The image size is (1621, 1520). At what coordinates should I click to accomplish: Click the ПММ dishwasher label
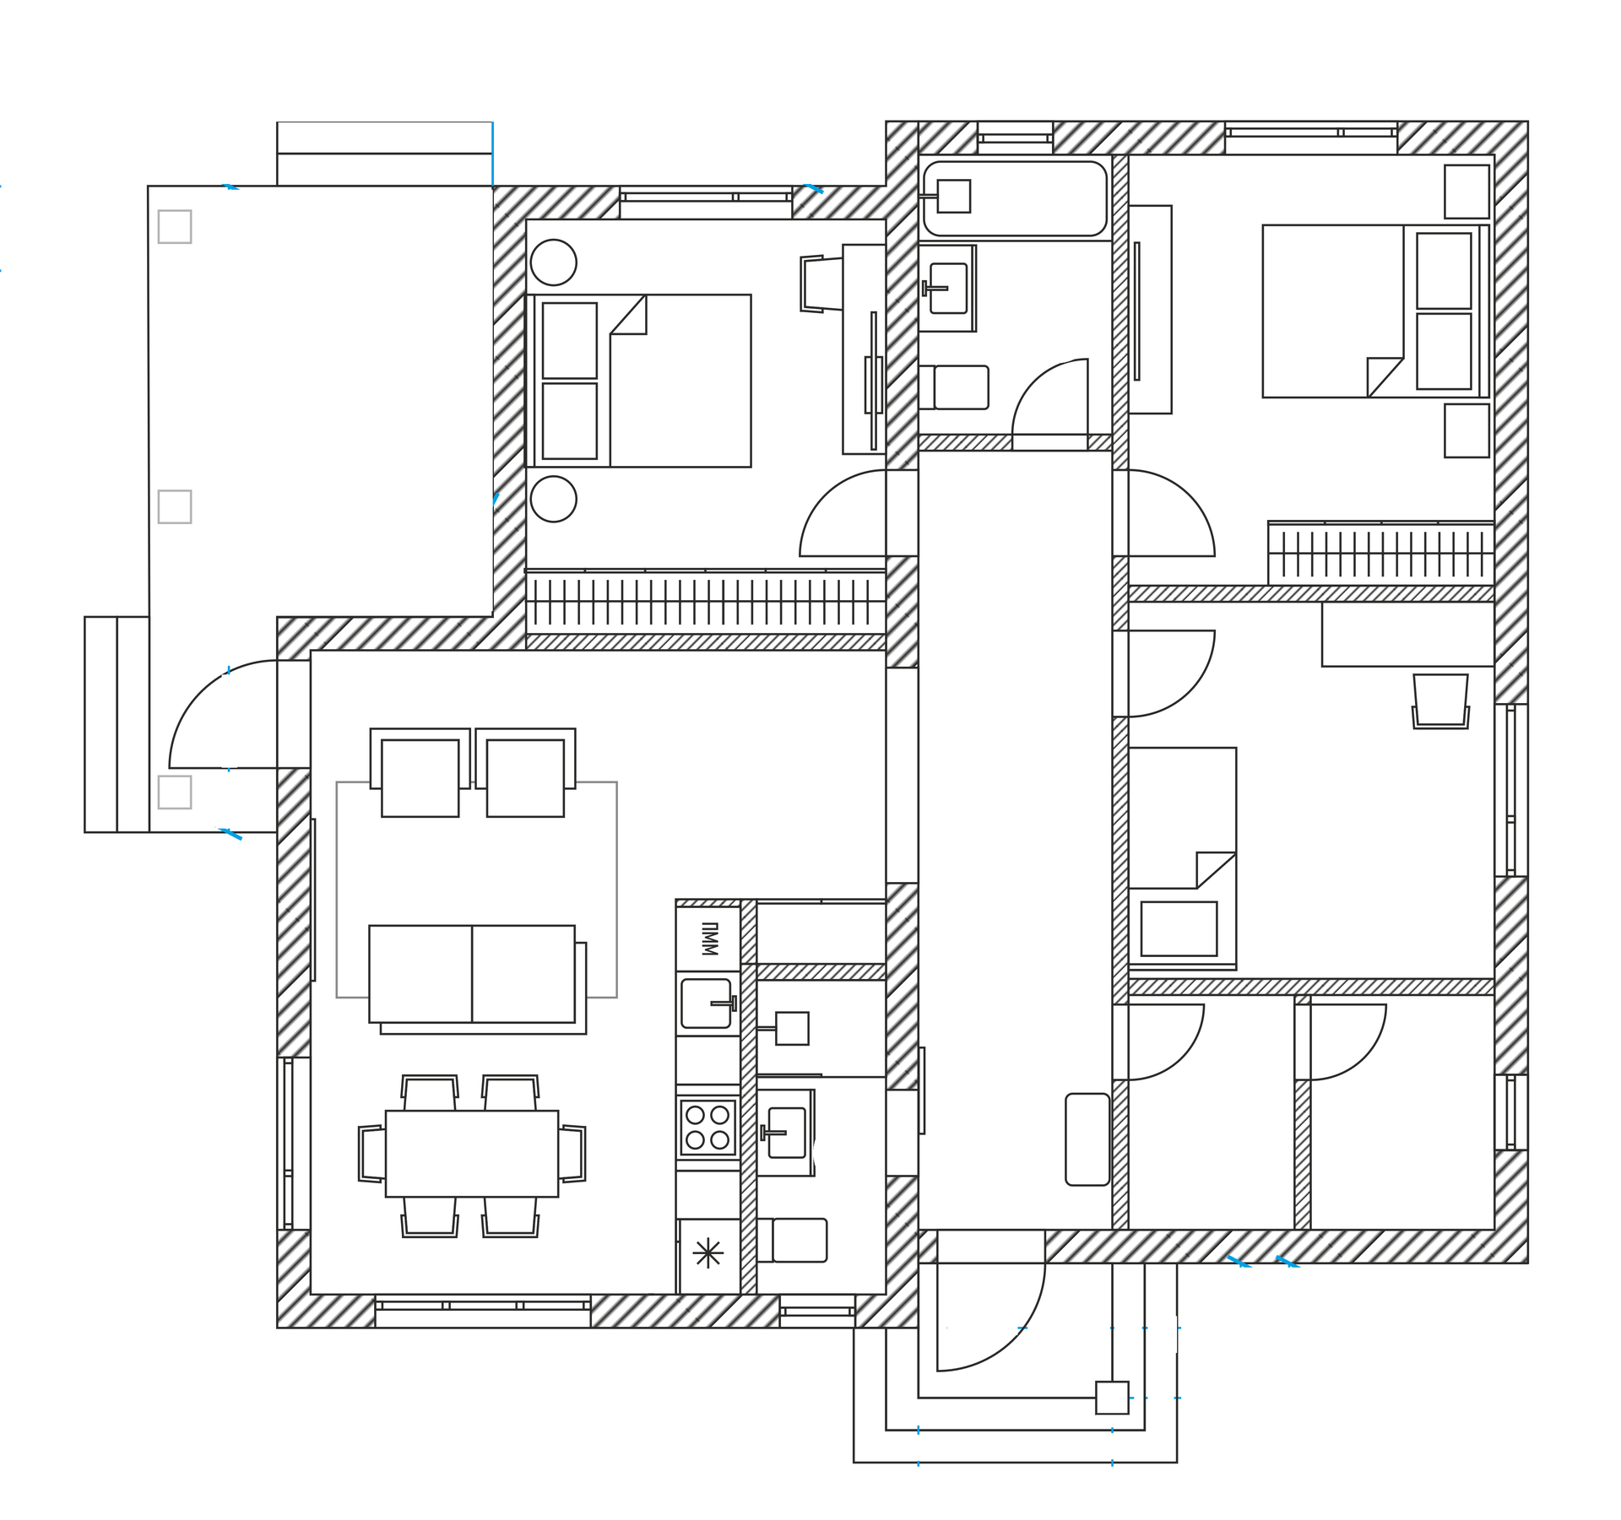709,939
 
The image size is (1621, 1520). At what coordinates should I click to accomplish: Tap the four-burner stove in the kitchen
707,1128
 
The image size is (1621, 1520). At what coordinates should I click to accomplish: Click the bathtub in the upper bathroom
1015,198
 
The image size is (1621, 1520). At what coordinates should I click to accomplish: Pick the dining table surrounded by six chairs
472,1154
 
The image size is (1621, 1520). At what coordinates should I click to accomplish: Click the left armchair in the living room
420,772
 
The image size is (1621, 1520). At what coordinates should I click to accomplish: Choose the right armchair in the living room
525,772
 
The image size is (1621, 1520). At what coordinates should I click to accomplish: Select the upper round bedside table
554,262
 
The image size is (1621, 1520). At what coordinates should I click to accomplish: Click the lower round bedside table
554,499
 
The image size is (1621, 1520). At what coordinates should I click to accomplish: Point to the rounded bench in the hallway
1087,1139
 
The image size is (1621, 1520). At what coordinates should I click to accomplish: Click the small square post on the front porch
1112,1398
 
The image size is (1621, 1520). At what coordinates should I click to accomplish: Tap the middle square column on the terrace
175,506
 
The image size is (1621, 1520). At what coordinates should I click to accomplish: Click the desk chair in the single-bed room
1440,700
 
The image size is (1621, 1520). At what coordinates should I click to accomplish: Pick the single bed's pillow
1179,928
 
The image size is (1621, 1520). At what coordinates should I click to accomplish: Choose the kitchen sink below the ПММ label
707,1003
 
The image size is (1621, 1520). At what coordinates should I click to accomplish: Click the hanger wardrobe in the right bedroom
1381,554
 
